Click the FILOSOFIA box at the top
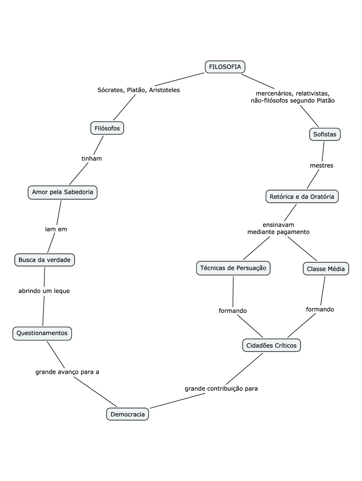[x=225, y=67]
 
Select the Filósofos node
[x=107, y=128]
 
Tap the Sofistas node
[x=325, y=134]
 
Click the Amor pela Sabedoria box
[x=63, y=192]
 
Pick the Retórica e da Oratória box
[x=302, y=197]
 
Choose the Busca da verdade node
[x=44, y=260]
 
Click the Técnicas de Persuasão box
[x=233, y=268]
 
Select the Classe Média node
[x=326, y=269]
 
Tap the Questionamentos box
[x=42, y=333]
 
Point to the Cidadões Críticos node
[x=271, y=346]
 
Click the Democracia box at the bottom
[x=128, y=414]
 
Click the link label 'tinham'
[x=92, y=159]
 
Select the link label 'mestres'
[x=322, y=166]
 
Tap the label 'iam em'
[x=56, y=229]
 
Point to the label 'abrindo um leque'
[x=44, y=291]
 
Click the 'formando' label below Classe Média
[x=320, y=309]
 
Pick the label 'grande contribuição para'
[x=221, y=389]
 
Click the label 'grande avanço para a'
[x=67, y=372]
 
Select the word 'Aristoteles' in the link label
[x=164, y=90]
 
